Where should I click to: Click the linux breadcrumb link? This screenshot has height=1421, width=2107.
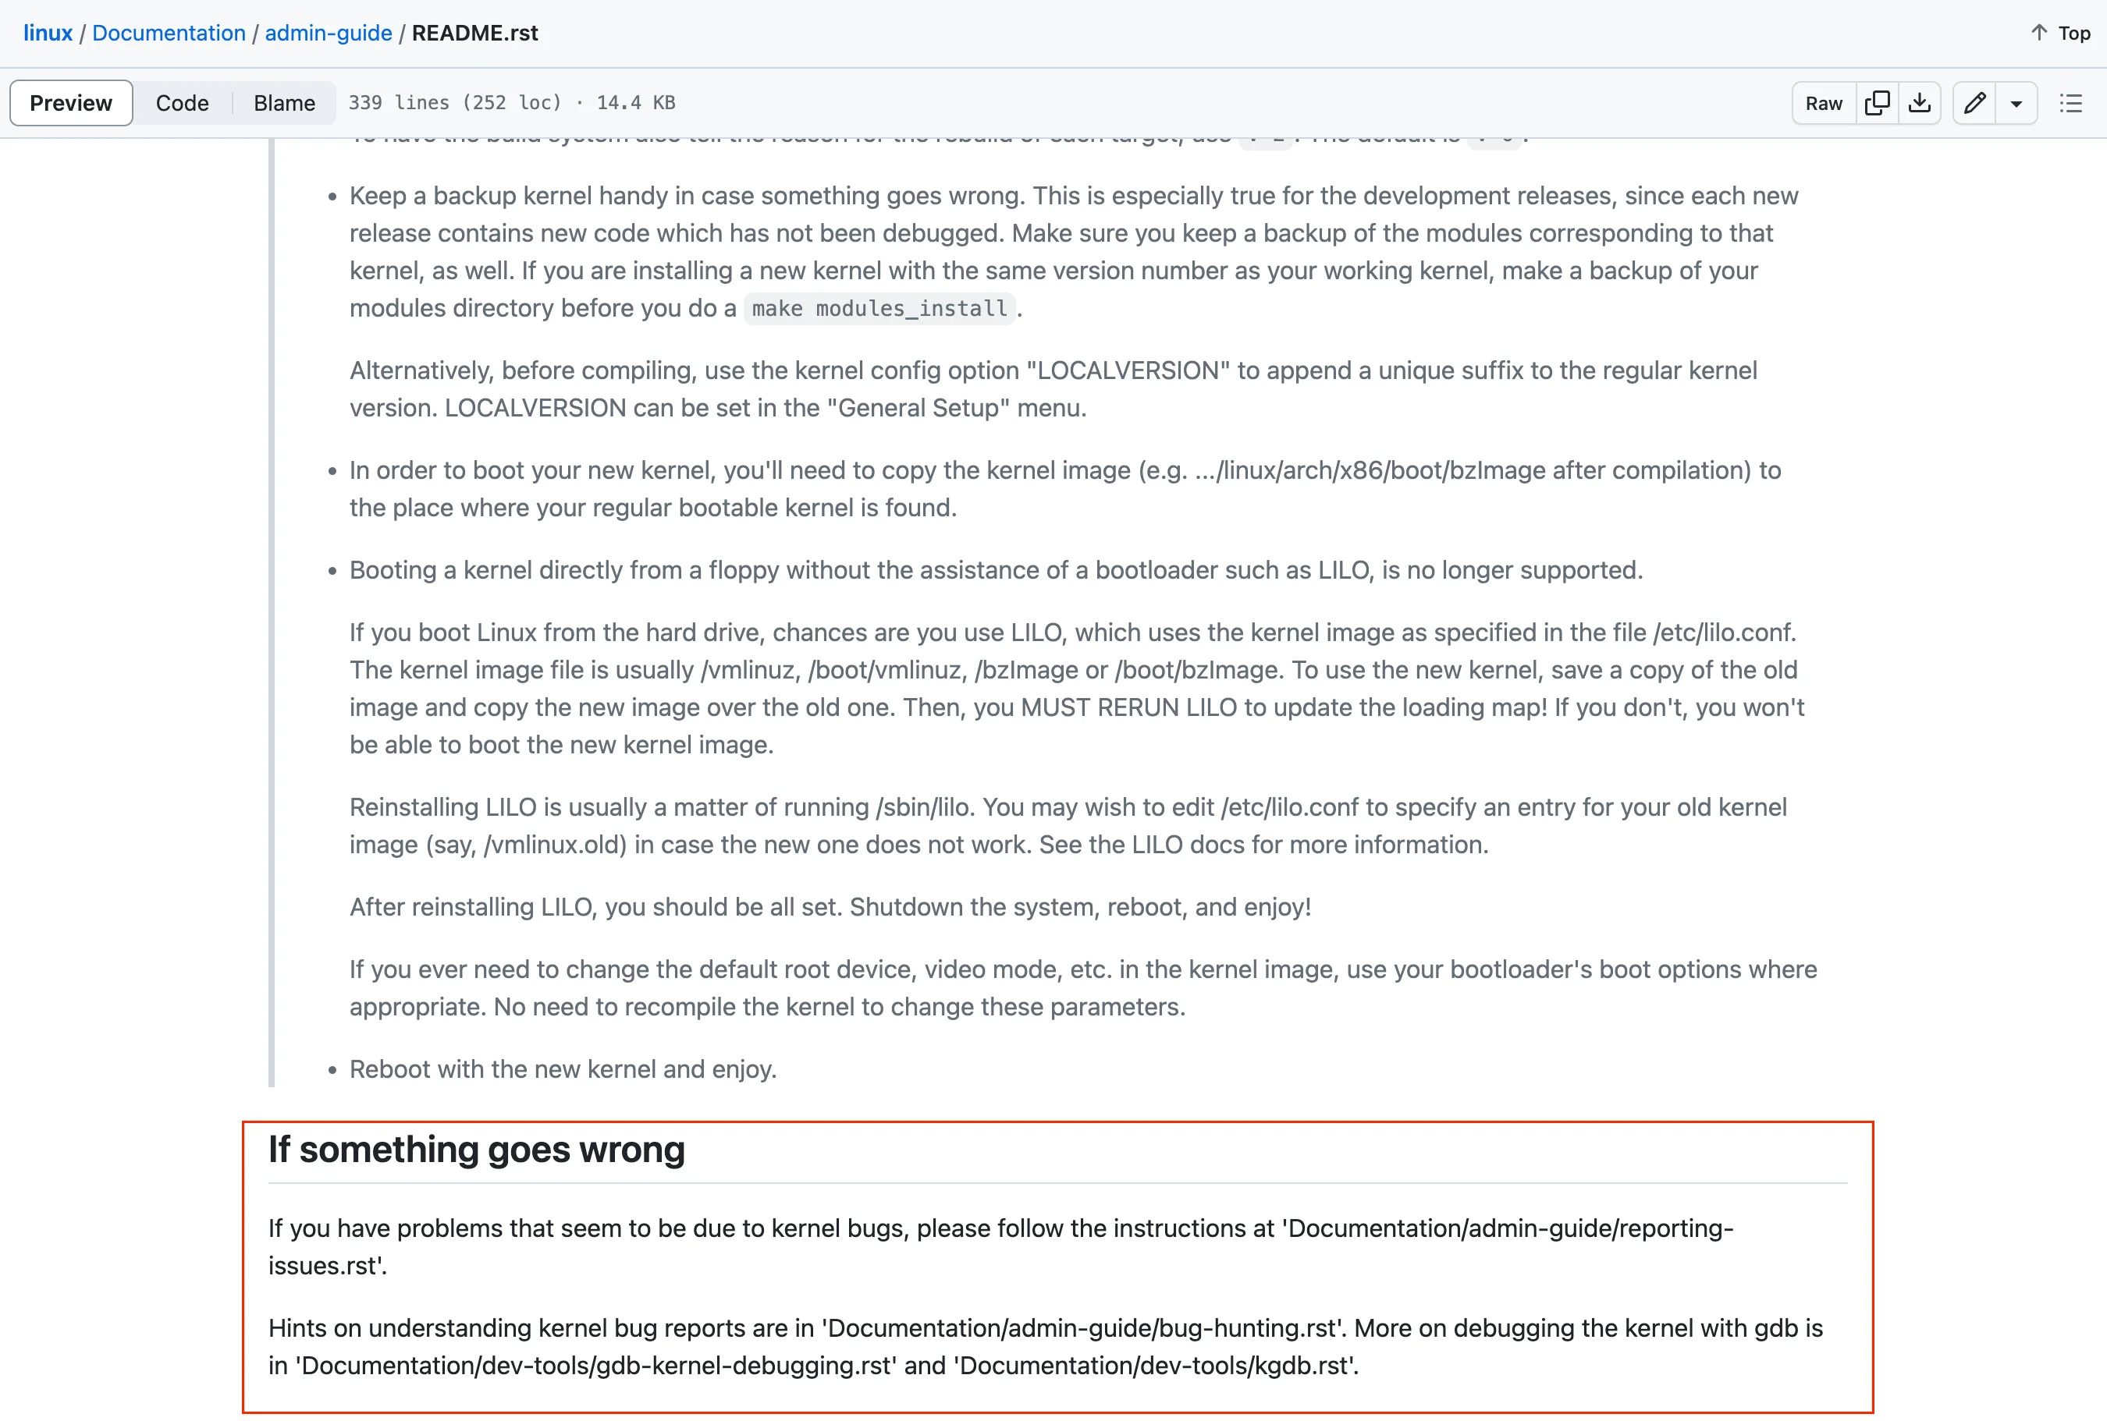tap(47, 34)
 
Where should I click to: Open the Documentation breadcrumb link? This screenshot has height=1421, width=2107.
tap(169, 34)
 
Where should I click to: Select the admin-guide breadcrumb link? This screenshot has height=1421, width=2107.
tap(329, 34)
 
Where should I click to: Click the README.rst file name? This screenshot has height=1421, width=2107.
tap(475, 34)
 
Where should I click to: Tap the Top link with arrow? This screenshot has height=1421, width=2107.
tap(2061, 34)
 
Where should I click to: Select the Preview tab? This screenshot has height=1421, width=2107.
tap(71, 103)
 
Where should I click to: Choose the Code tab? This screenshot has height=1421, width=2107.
tap(183, 103)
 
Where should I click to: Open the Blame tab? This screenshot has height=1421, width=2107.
tap(284, 103)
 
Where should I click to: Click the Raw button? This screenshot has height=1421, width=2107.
tap(1823, 103)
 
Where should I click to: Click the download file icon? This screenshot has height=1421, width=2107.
tap(1920, 103)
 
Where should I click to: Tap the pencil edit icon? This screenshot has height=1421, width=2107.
tap(1974, 103)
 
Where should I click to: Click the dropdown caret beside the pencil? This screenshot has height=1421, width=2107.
tap(2016, 103)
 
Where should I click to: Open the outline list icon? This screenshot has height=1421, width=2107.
tap(2071, 103)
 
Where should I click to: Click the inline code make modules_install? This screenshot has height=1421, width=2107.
tap(879, 309)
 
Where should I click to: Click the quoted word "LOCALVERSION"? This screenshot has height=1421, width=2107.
tap(1128, 370)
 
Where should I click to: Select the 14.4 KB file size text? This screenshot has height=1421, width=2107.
tap(635, 103)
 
